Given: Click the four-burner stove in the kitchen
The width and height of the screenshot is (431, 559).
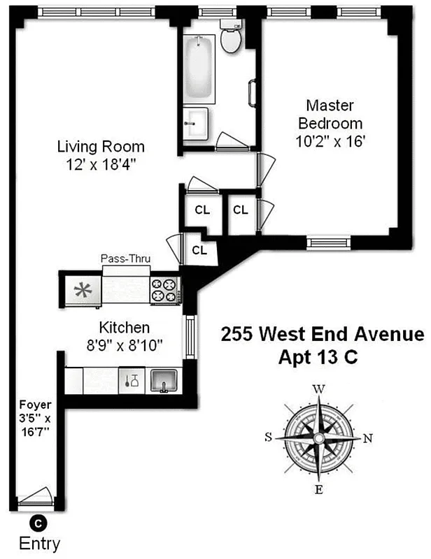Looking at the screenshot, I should [165, 290].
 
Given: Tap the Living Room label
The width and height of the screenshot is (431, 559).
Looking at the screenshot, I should [101, 147].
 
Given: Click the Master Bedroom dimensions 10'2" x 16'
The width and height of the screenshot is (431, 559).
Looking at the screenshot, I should [331, 140].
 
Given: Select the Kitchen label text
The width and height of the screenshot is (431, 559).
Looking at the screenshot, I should [124, 327].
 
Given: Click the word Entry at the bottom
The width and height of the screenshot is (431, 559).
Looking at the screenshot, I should [39, 543].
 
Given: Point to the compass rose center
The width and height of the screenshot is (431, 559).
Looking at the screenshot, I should [318, 438].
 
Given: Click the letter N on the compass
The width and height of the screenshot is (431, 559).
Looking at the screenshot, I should [369, 438].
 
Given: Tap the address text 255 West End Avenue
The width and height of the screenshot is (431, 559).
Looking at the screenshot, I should [322, 334].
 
